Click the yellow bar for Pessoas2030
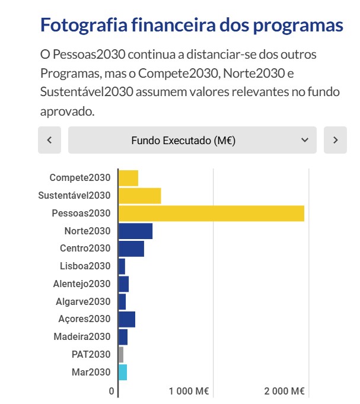(x=211, y=213)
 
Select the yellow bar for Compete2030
(x=129, y=177)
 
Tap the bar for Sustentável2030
(x=140, y=195)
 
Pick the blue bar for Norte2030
(x=136, y=231)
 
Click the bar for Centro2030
(x=132, y=249)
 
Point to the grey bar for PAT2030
(x=121, y=355)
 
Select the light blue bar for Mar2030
(x=123, y=373)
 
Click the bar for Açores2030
(x=127, y=319)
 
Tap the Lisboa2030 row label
(x=85, y=266)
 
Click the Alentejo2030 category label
(x=81, y=284)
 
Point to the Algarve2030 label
(x=83, y=301)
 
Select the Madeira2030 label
(x=82, y=337)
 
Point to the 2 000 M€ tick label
(x=284, y=391)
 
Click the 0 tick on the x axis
(x=111, y=391)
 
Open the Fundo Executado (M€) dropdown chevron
(x=305, y=140)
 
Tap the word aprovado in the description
(x=66, y=111)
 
